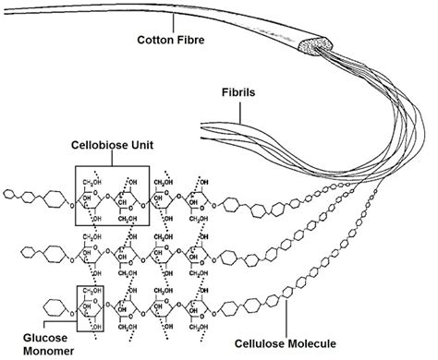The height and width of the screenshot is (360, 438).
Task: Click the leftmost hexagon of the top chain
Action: [x=10, y=194]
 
